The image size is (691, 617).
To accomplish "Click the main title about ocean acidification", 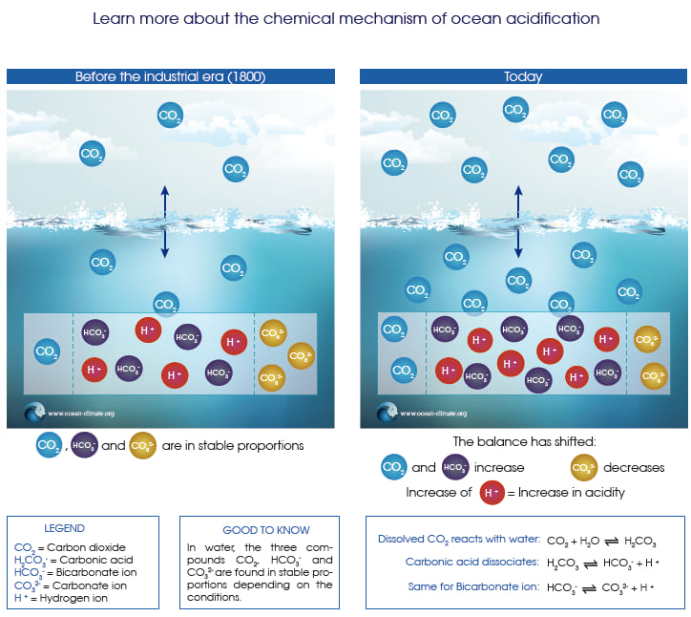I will [345, 18].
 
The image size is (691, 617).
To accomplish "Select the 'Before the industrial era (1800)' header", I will [171, 77].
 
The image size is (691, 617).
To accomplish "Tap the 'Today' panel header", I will [522, 77].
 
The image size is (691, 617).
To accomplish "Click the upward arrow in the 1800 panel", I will [164, 201].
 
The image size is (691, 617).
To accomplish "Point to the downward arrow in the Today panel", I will [518, 243].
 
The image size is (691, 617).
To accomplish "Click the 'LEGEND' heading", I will [64, 527].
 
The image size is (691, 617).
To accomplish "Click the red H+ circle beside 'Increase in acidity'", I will [492, 492].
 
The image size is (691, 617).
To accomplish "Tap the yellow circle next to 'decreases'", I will [582, 467].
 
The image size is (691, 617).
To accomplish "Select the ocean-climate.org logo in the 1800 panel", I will [35, 414].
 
